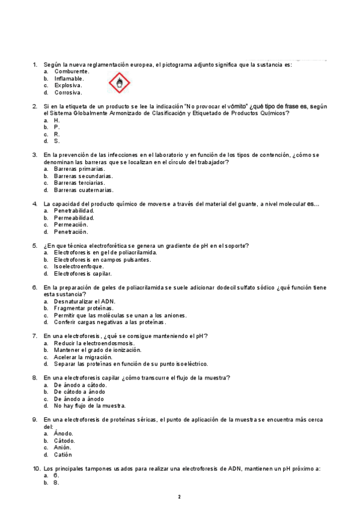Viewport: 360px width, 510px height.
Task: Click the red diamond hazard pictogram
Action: click(x=120, y=82)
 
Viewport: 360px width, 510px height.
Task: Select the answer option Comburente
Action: click(x=72, y=71)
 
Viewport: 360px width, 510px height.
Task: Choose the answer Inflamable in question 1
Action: click(x=69, y=78)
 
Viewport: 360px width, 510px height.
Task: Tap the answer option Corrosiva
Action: click(x=68, y=93)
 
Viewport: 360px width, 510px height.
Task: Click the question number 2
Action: click(x=35, y=106)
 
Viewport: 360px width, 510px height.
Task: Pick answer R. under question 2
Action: click(x=56, y=134)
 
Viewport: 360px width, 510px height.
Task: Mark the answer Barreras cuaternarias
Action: click(x=83, y=190)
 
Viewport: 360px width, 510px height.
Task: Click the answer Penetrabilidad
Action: click(x=74, y=210)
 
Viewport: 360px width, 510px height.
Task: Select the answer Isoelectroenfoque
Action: click(x=78, y=266)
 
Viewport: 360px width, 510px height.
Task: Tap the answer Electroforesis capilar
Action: click(x=82, y=274)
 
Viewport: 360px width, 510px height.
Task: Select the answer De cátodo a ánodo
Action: click(x=79, y=392)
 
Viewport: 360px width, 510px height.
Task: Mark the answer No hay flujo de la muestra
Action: click(x=89, y=405)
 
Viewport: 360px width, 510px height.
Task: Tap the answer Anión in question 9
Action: click(x=62, y=447)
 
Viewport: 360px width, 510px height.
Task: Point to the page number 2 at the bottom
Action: click(x=179, y=497)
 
